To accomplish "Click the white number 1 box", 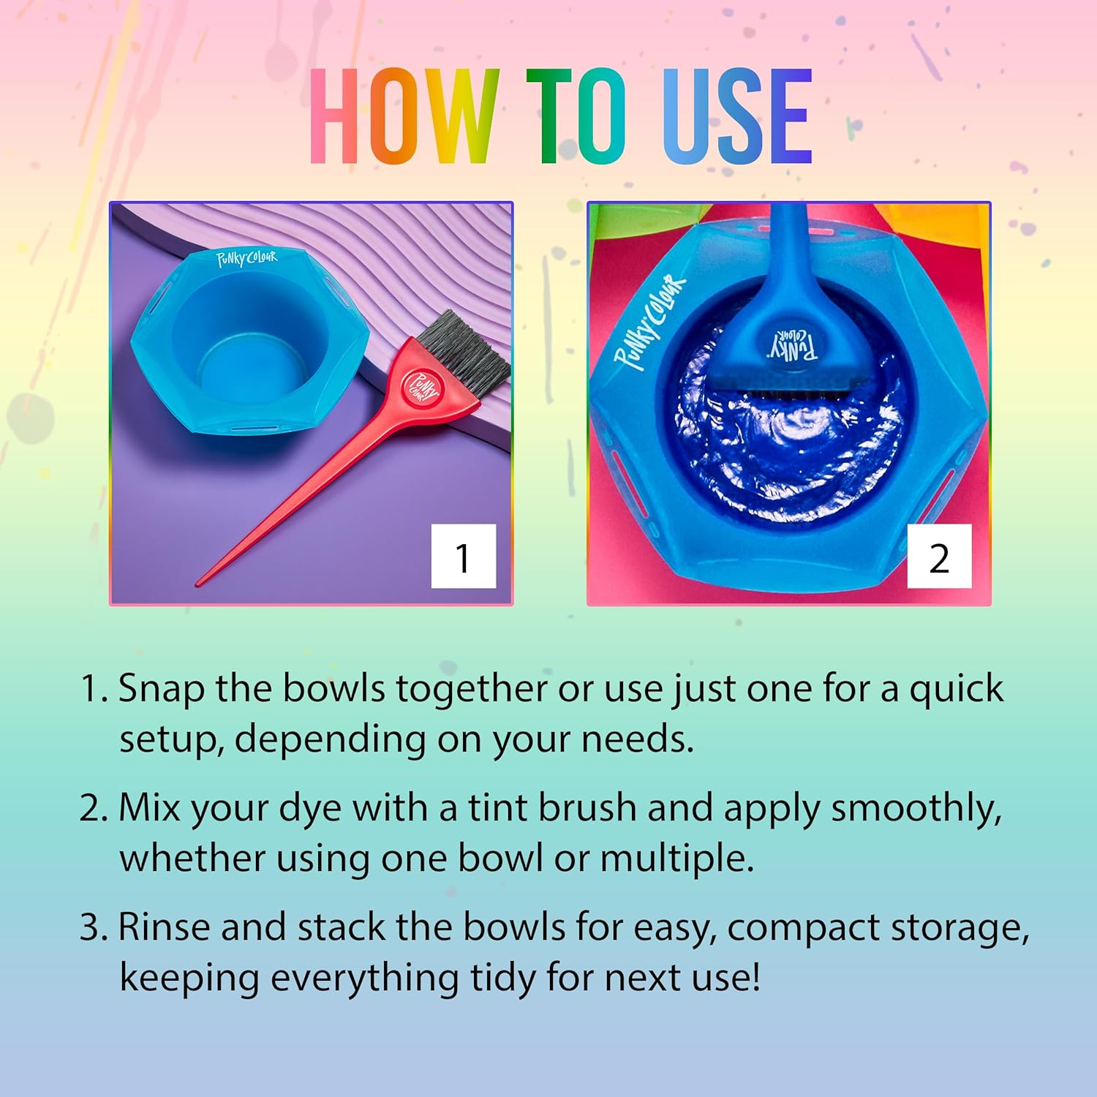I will [464, 557].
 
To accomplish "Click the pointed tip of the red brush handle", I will [199, 584].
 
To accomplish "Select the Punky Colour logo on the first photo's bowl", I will [246, 258].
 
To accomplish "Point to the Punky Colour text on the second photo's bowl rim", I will [649, 322].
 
